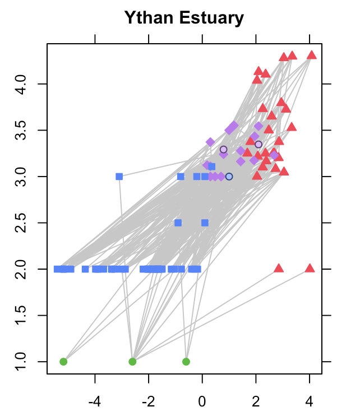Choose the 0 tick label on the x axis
tap(202, 401)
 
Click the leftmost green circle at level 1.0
tap(63, 362)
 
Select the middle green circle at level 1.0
tap(132, 362)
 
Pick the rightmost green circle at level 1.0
tap(186, 362)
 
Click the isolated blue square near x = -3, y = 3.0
tap(119, 176)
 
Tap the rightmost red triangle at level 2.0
tap(310, 269)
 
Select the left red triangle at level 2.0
tap(279, 269)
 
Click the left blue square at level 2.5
tap(178, 223)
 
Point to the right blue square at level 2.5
tap(205, 223)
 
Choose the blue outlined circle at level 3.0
tap(229, 177)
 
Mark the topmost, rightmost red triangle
tap(312, 55)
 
